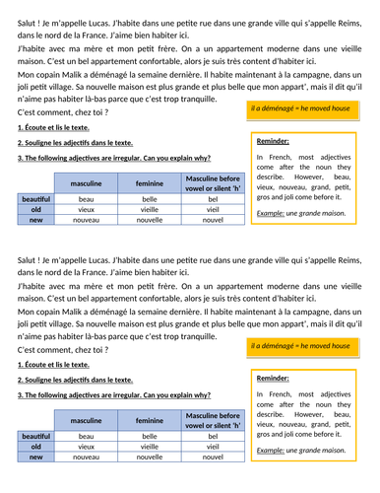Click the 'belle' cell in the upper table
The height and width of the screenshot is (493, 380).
click(150, 198)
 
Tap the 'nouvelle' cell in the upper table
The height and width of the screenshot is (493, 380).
click(150, 220)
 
